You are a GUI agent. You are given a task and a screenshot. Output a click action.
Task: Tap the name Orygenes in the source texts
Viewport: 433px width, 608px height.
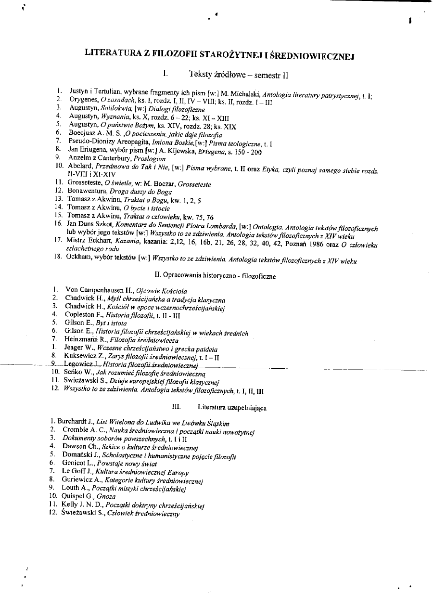(x=82, y=99)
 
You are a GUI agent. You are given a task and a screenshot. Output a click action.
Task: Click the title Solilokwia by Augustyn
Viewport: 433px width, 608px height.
(x=110, y=107)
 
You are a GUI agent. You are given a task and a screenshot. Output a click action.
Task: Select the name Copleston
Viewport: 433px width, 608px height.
(x=81, y=315)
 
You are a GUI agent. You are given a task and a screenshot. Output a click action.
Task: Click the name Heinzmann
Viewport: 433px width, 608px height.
(x=83, y=340)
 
